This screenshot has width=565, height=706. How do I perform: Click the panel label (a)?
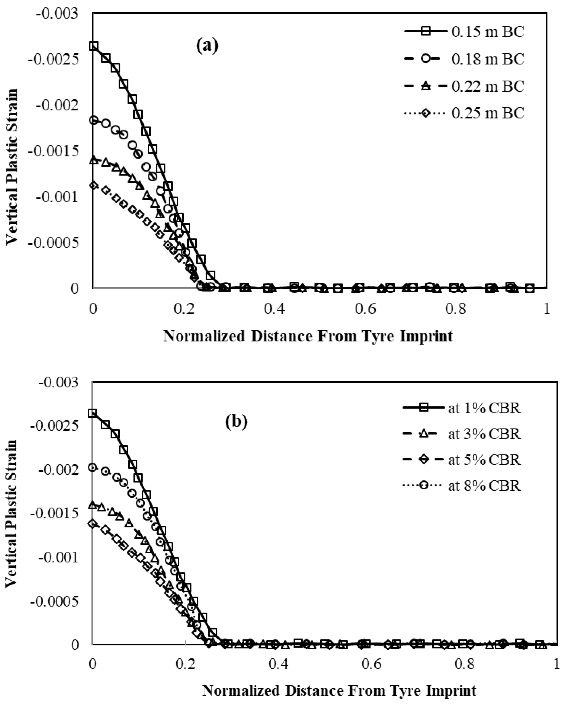coord(207,46)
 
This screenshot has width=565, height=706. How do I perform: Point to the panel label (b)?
coord(236,422)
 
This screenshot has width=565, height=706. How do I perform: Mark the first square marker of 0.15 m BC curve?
coord(94,46)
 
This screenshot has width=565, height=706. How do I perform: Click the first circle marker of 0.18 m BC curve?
coord(94,120)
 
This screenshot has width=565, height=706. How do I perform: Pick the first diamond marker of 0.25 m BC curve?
coord(94,185)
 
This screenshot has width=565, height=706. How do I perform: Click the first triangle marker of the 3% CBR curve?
coord(93,505)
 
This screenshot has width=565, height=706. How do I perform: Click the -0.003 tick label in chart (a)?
coord(57,14)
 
